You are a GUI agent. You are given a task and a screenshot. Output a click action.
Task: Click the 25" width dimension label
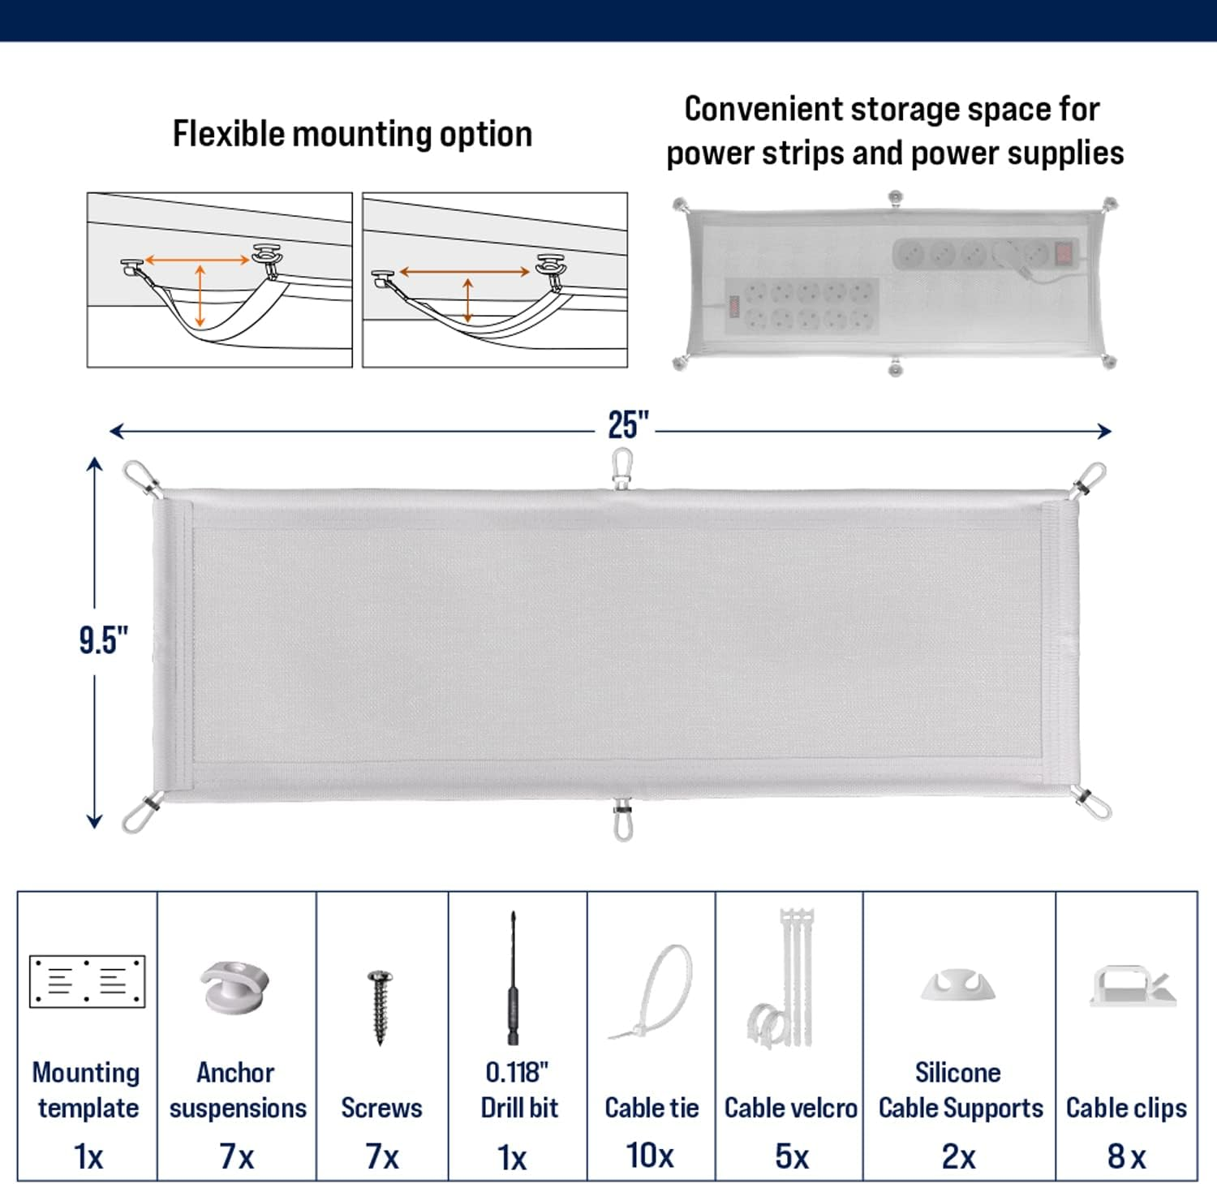coord(628,424)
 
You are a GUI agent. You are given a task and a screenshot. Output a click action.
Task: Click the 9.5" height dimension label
coord(103,640)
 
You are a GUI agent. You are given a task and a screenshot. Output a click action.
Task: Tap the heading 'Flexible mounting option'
coord(352,134)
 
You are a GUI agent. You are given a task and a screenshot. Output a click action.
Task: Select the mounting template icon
coord(87,981)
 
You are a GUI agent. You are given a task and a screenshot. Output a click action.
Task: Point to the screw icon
coord(380,1005)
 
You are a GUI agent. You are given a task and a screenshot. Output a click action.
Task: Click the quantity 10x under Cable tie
coord(650,1155)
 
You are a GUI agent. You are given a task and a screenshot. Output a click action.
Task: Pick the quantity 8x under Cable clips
coord(1126,1156)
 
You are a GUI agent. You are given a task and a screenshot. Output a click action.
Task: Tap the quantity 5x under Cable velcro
coord(791,1156)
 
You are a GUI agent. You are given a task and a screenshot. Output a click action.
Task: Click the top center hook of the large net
coord(622,470)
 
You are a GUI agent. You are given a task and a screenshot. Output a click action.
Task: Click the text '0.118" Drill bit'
coord(518,1090)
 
